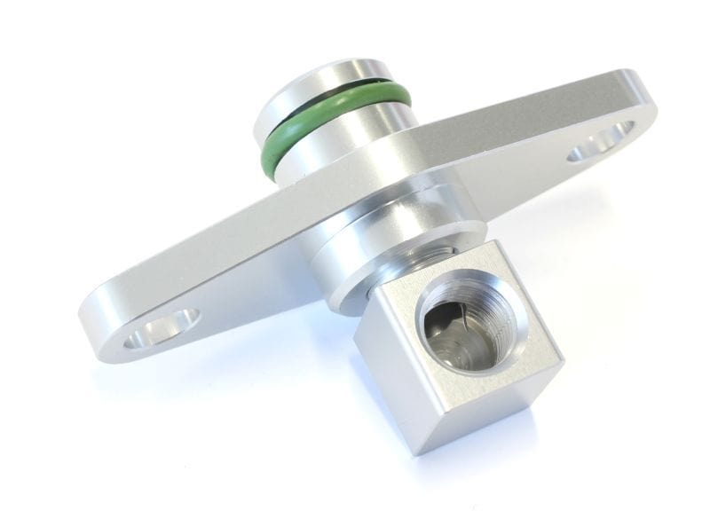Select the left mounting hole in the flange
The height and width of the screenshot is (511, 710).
pyautogui.click(x=163, y=328)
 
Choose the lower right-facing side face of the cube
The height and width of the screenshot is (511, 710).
pyautogui.click(x=497, y=408)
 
